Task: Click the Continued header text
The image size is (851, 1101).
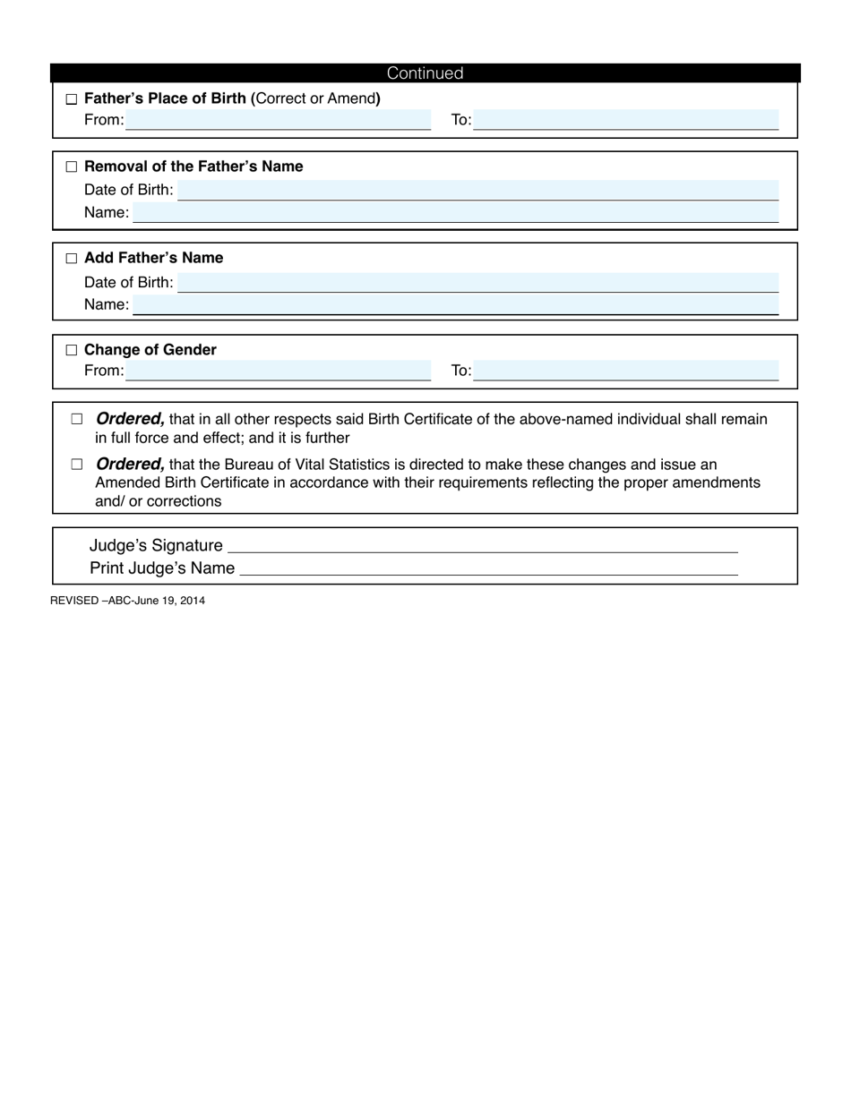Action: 425,73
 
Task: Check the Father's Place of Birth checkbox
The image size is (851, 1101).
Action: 72,99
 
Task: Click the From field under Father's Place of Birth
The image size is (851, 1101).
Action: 278,120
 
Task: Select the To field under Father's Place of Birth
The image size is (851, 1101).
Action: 625,120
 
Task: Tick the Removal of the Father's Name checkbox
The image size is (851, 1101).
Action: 72,167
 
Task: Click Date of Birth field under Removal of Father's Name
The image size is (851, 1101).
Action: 477,190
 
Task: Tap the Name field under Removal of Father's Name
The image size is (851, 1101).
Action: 455,212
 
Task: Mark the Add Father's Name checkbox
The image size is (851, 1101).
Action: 72,259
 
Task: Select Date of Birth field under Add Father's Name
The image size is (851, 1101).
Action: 477,282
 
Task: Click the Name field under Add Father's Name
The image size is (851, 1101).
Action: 455,304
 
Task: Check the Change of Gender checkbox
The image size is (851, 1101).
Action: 72,350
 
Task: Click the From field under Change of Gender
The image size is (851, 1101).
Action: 278,371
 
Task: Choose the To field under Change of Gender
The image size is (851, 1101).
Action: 625,371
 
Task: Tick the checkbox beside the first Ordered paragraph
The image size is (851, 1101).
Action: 77,419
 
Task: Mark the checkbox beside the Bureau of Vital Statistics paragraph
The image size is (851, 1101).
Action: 77,465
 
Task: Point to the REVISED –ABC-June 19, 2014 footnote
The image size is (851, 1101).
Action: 127,601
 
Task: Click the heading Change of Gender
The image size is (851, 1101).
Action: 150,350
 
